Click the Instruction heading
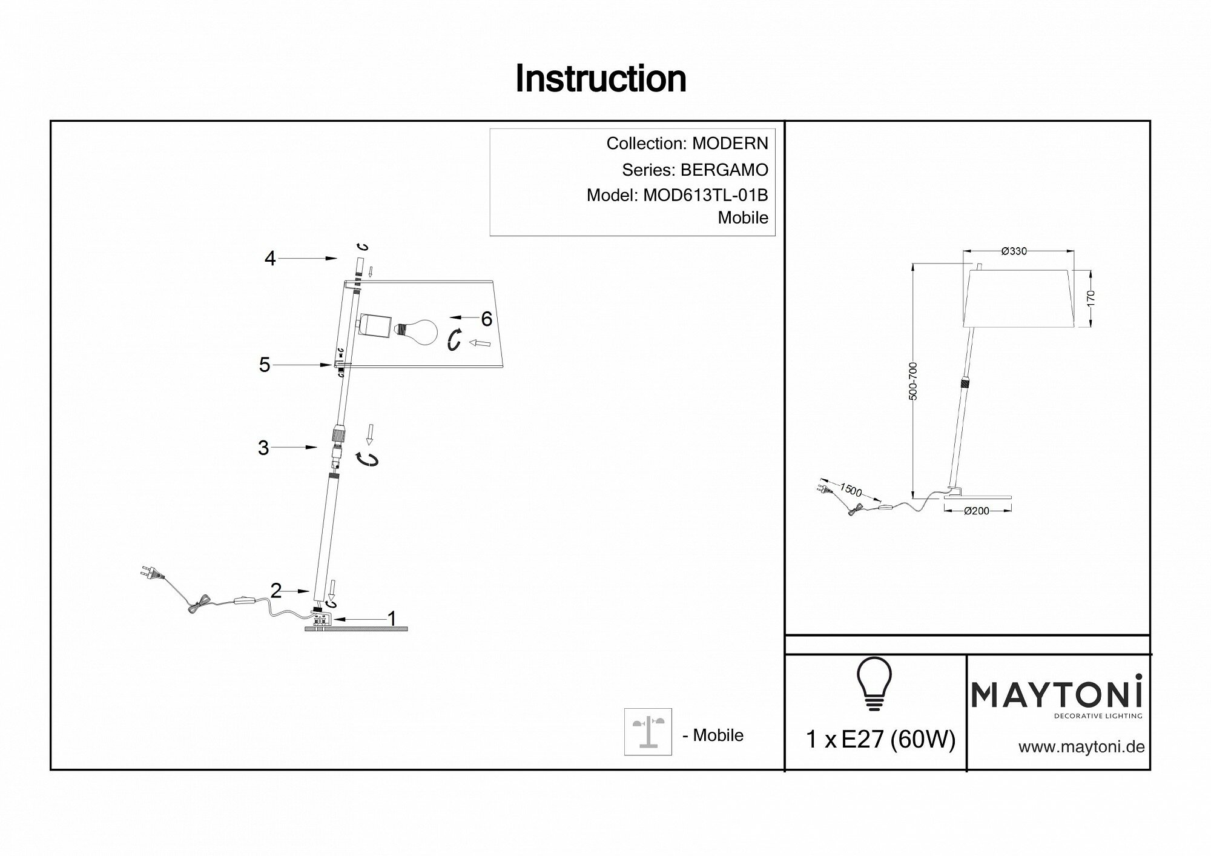(x=601, y=79)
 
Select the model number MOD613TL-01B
(x=705, y=195)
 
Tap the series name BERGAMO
(x=724, y=170)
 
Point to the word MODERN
(x=730, y=144)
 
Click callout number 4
(x=270, y=259)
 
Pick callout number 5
(x=265, y=365)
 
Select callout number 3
(x=263, y=448)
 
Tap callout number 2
(x=276, y=591)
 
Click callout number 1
(x=392, y=619)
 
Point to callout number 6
(x=486, y=318)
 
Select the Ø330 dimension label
(x=1014, y=251)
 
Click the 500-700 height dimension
(x=913, y=381)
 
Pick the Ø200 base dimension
(x=976, y=511)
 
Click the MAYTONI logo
(x=1057, y=694)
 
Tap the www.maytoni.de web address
(x=1081, y=747)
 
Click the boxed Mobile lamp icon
(x=648, y=732)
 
